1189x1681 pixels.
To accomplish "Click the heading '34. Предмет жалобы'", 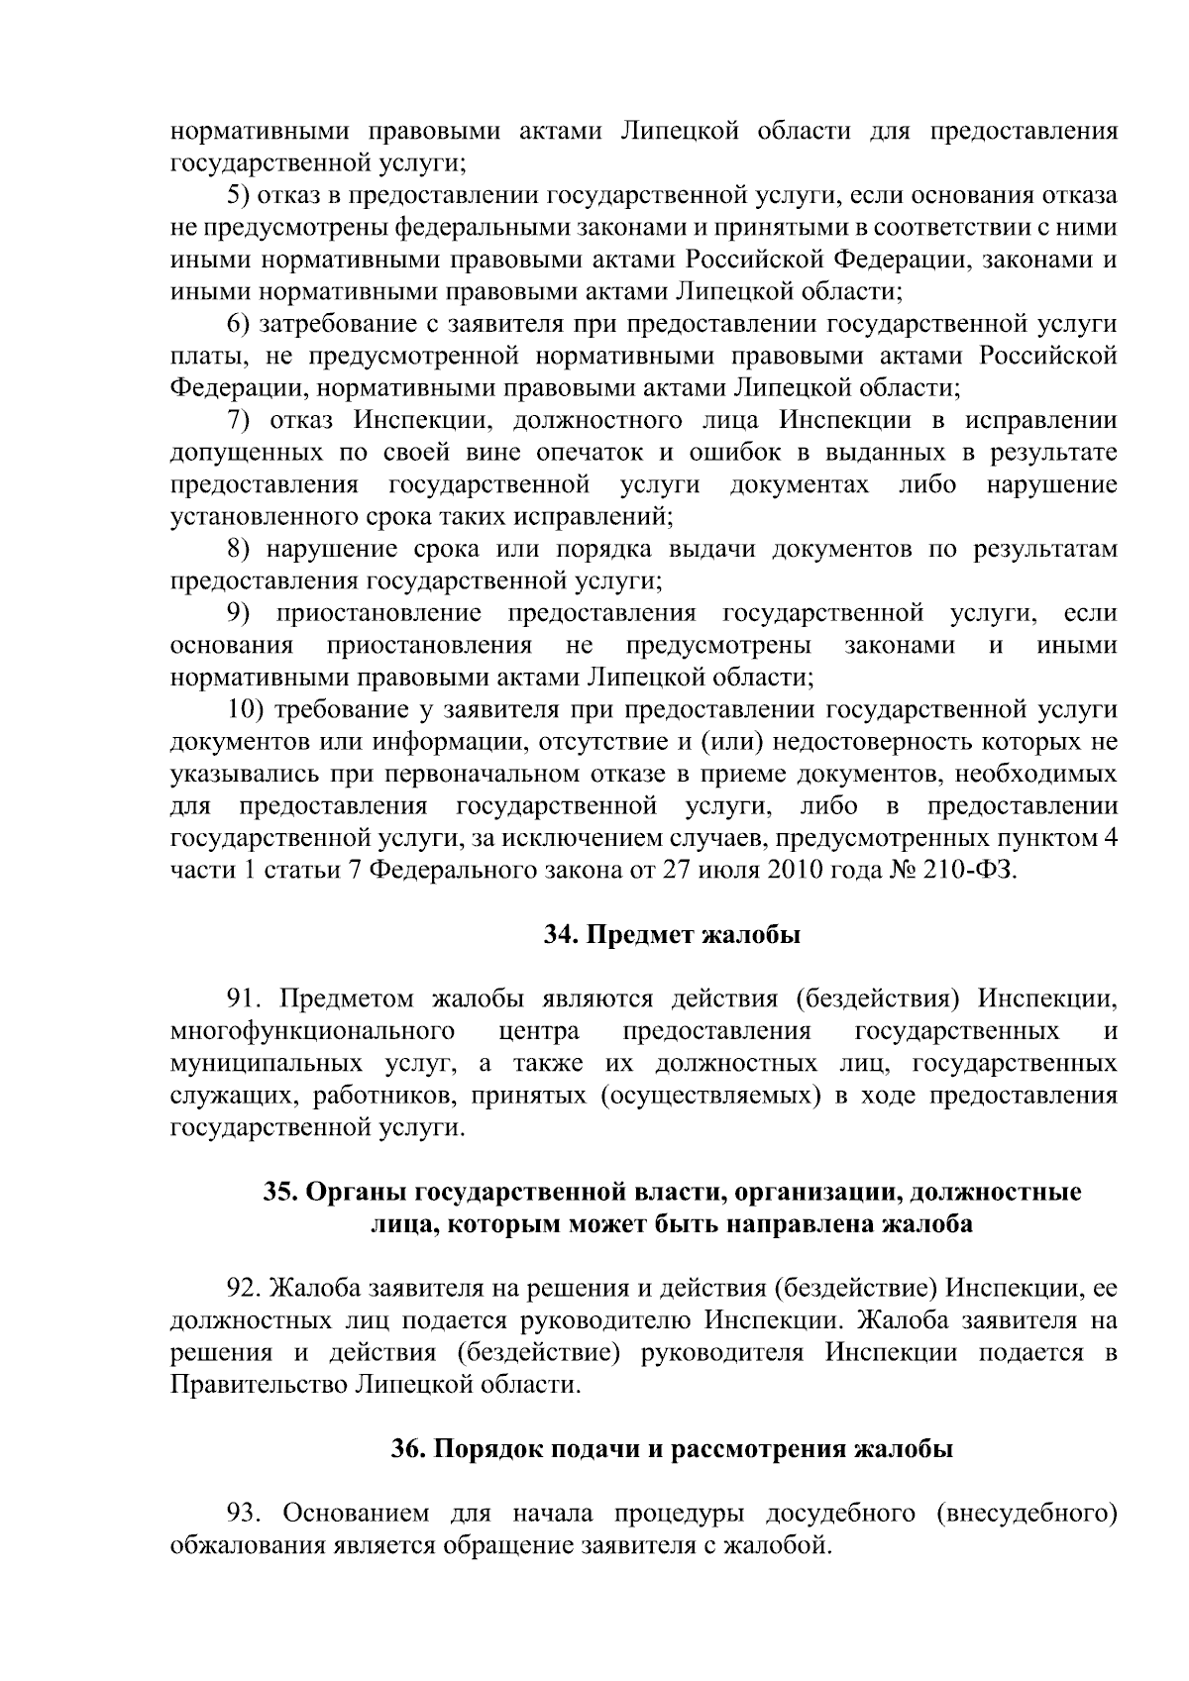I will (x=672, y=935).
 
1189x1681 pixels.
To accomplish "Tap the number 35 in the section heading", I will (x=276, y=1192).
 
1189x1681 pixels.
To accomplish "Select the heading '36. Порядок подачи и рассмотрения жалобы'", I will (x=672, y=1449).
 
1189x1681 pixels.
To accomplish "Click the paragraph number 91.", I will (x=245, y=998).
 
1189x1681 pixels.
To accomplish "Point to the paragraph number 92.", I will (x=245, y=1288).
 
